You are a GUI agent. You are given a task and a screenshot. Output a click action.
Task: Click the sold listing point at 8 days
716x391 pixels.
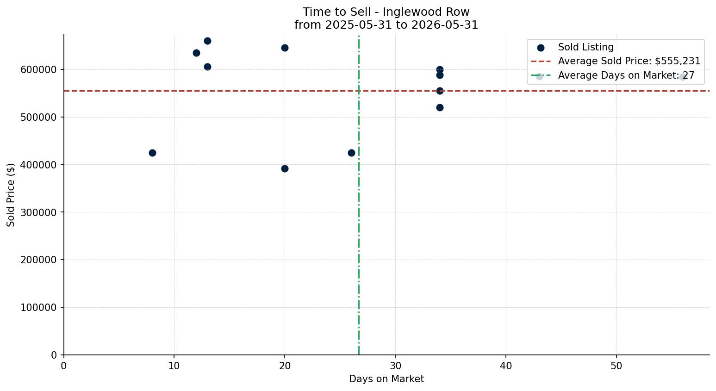coord(152,153)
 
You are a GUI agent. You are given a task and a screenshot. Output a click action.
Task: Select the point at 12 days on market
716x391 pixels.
coord(197,53)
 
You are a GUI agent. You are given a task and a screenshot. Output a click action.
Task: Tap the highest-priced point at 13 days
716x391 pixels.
coord(207,41)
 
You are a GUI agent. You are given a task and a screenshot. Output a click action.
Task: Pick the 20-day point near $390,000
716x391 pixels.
coord(285,169)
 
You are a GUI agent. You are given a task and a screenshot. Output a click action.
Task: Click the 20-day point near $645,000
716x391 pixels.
coord(285,48)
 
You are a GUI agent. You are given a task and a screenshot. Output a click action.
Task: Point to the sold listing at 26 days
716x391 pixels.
coord(351,153)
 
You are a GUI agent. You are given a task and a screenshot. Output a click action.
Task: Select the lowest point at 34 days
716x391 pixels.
coord(440,108)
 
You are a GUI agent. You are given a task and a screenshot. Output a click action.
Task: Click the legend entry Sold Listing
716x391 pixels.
coord(585,47)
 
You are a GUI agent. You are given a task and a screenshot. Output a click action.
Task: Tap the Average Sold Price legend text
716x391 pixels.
coord(629,61)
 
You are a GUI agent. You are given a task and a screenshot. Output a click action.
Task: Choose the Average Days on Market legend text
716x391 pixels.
coord(626,75)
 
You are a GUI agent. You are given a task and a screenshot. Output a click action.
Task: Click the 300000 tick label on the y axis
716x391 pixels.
coord(39,212)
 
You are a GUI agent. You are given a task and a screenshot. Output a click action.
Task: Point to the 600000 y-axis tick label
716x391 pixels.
coord(39,69)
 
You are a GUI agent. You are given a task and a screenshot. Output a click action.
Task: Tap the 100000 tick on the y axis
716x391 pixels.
coord(39,308)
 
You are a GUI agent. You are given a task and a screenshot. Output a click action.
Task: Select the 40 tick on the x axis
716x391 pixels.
coord(506,366)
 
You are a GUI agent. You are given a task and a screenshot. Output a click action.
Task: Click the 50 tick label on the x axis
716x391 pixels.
coord(616,366)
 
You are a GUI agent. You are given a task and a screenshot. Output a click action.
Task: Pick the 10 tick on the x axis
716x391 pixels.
coord(174,366)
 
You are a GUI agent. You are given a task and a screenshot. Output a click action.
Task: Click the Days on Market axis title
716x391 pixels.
coord(386,379)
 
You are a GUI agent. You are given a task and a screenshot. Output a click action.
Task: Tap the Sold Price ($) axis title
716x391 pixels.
coord(11,195)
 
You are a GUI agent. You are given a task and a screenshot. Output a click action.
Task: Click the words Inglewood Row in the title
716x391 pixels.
coord(426,12)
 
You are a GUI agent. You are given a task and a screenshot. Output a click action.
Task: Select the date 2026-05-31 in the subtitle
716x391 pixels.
coord(445,25)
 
